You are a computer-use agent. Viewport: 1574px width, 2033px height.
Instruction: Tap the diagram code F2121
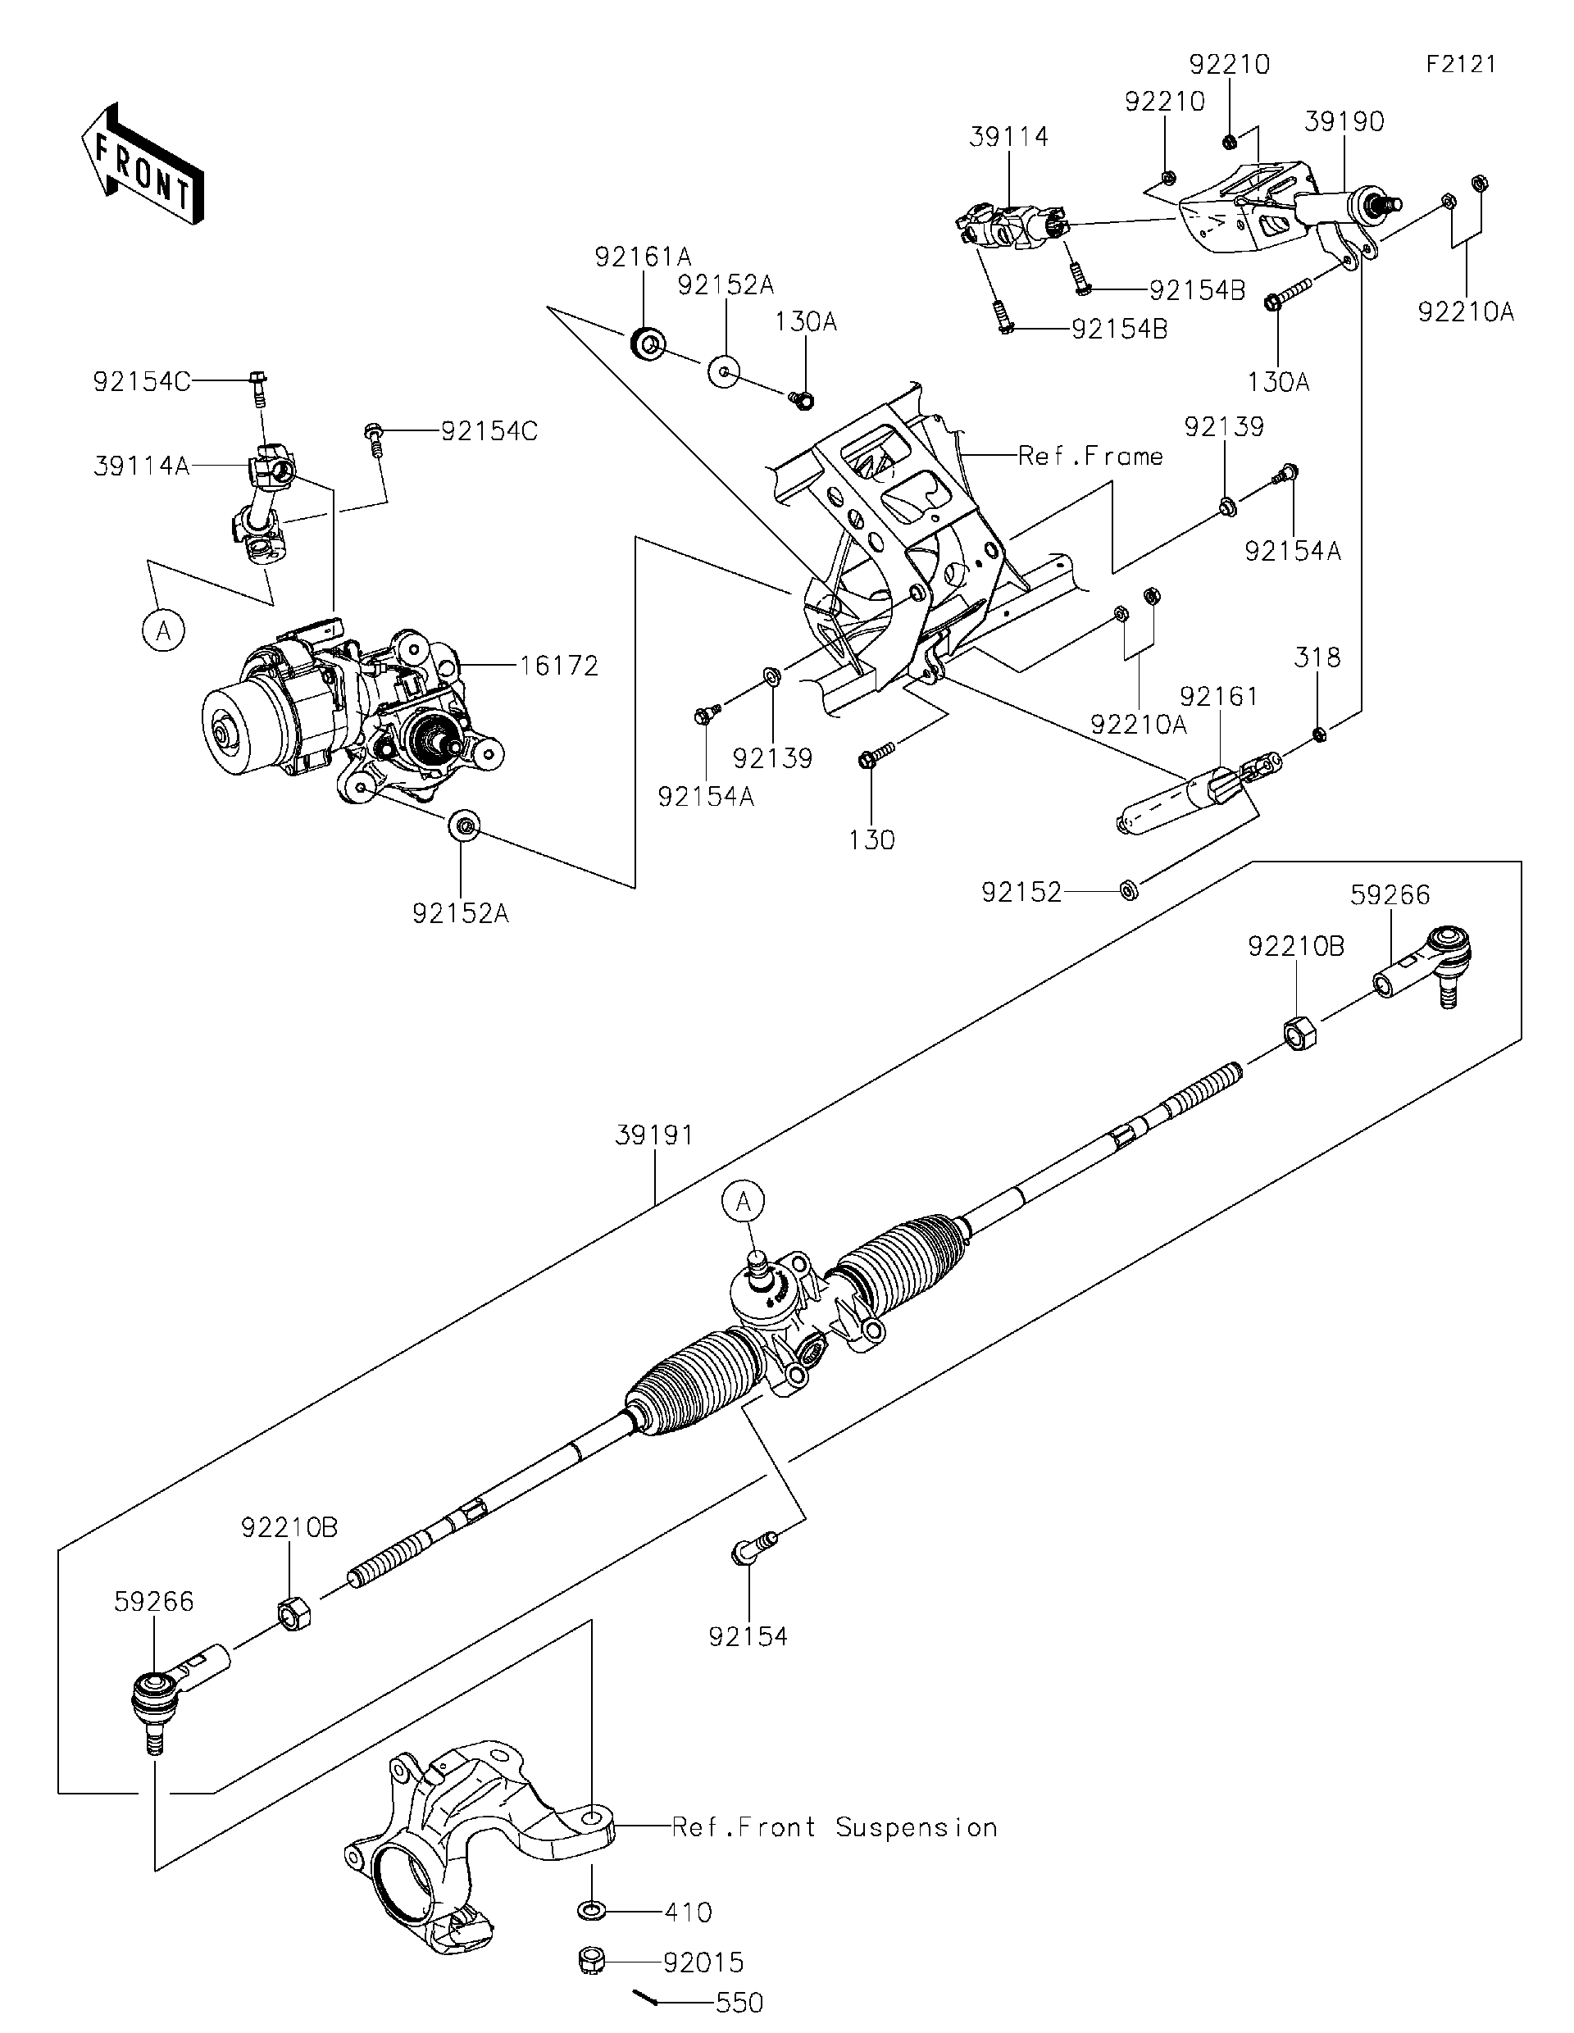coord(1460,64)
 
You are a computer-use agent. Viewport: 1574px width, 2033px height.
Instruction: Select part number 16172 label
coord(558,666)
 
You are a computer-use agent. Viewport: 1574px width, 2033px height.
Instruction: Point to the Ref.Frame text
coord(1090,456)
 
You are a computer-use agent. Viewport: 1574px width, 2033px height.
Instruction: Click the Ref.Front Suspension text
coord(834,1827)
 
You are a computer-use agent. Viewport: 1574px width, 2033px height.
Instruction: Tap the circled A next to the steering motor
coord(164,632)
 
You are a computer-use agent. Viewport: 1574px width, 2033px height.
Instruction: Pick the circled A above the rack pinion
coord(743,1202)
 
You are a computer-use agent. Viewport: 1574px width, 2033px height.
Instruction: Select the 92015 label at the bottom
coord(703,1963)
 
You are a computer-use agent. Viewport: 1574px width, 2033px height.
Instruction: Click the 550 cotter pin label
coord(739,2003)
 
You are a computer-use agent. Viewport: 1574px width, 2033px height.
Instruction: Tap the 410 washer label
coord(688,1913)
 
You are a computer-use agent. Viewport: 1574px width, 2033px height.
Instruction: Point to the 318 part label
coord(1317,658)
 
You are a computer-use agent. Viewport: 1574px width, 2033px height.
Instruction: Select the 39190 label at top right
coord(1343,122)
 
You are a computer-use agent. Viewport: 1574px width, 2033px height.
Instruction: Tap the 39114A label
coord(142,466)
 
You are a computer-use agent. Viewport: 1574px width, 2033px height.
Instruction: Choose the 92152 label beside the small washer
coord(1021,893)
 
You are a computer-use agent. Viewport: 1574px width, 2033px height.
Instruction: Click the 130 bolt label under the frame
coord(871,839)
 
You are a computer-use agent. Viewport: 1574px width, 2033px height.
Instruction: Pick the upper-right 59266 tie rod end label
coord(1389,894)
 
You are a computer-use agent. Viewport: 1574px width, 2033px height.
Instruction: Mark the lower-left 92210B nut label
coord(289,1527)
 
